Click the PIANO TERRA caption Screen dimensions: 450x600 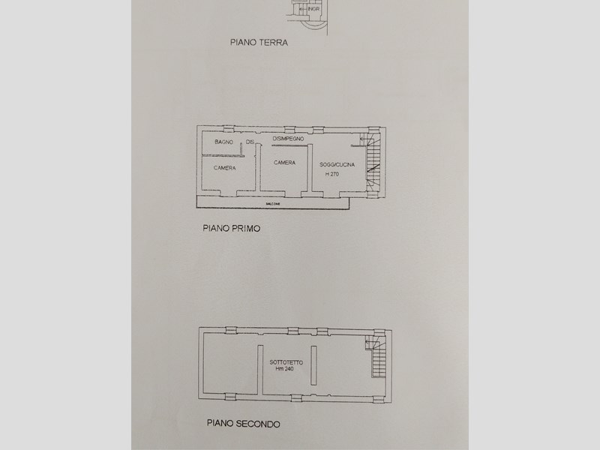tap(259, 43)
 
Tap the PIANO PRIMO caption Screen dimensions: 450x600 tap(230, 226)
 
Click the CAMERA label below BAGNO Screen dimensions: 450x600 tap(224, 168)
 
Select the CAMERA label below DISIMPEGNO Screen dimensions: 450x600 tap(284, 163)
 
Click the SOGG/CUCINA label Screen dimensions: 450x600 tap(336, 163)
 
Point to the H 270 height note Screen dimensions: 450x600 tap(332, 174)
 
